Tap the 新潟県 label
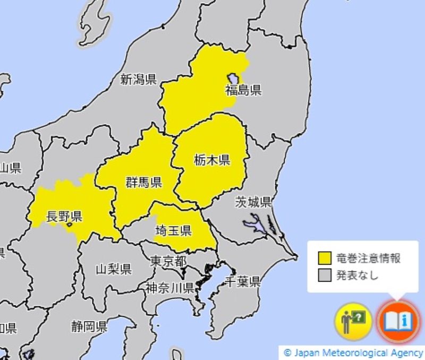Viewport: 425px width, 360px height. pos(138,80)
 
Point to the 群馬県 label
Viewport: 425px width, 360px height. pos(144,182)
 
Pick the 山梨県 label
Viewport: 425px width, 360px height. pos(113,269)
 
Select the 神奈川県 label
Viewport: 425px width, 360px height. pos(169,288)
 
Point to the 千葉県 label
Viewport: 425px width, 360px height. pos(243,281)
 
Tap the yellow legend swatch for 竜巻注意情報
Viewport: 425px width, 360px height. pos(324,259)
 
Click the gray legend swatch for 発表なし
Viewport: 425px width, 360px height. pos(324,275)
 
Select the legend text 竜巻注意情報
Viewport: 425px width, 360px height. pos(368,259)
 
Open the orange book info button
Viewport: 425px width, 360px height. pos(398,321)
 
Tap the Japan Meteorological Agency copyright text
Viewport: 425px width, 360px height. pos(353,353)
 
